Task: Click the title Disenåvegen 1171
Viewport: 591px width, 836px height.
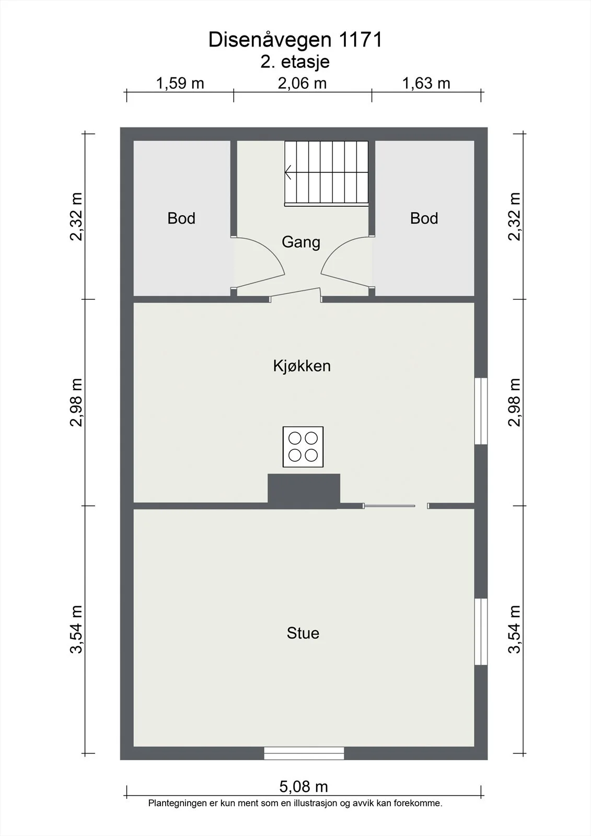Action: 295,40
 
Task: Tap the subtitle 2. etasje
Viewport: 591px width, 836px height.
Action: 295,62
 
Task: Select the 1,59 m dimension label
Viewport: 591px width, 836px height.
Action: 180,83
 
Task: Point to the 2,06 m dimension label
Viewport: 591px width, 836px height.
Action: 302,83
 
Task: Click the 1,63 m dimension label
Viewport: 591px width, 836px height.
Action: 426,83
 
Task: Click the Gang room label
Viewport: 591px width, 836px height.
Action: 301,242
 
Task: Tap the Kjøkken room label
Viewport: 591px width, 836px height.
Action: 302,366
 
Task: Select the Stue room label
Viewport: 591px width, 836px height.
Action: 303,633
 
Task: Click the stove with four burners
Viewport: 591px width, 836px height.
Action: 303,447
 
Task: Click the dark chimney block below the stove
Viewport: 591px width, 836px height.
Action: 304,491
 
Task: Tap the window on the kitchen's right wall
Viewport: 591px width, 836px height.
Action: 481,411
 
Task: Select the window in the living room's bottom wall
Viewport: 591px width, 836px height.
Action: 304,753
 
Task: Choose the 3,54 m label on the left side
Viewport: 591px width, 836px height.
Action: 76,630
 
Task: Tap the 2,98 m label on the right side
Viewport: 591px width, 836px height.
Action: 515,402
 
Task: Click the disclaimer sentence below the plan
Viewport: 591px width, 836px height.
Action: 295,803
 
